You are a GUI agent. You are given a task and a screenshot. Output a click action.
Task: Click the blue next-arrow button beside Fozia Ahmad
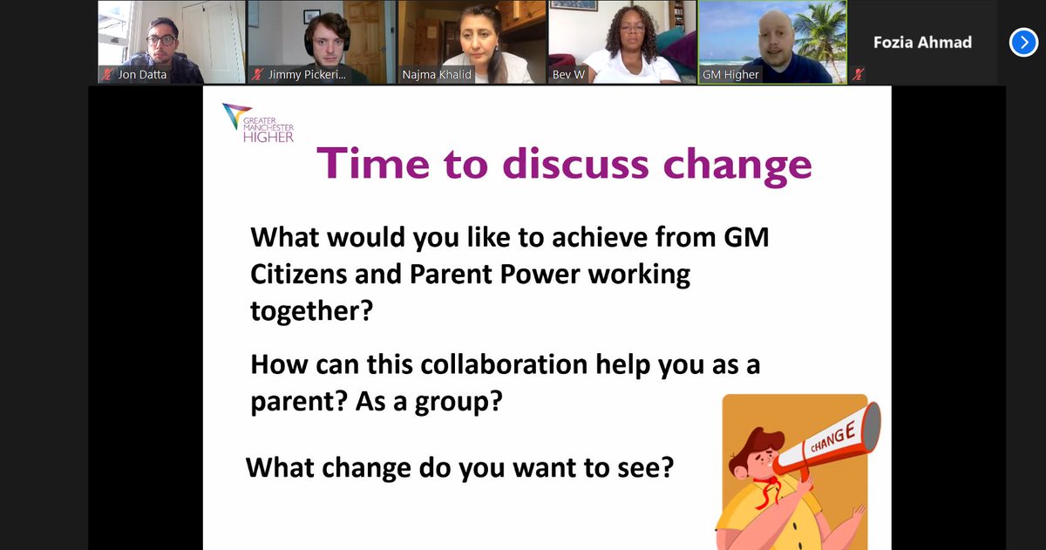click(x=1023, y=42)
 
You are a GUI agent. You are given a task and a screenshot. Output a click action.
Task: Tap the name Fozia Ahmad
click(x=922, y=42)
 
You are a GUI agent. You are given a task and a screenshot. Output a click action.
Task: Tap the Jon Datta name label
click(x=143, y=76)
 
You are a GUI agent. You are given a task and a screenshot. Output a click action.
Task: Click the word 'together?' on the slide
click(x=310, y=311)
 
